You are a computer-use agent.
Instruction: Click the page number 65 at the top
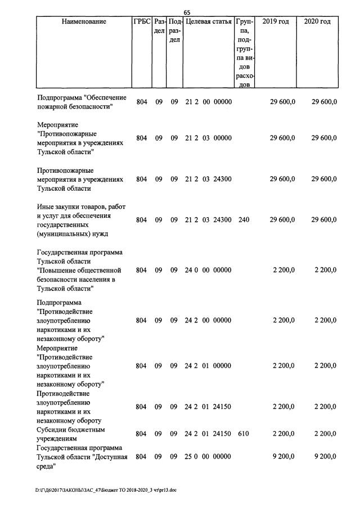click(187, 12)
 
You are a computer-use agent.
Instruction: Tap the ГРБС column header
click(141, 21)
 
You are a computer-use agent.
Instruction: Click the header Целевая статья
click(208, 21)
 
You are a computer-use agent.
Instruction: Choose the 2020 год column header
click(317, 21)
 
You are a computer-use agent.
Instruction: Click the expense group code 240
click(243, 220)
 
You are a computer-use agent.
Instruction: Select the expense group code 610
click(243, 434)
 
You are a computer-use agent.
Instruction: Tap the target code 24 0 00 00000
click(208, 270)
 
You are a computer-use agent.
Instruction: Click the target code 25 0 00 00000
click(208, 457)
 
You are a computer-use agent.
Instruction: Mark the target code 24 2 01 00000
click(208, 366)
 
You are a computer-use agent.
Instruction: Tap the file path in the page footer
click(106, 490)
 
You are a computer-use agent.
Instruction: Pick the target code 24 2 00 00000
click(208, 320)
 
